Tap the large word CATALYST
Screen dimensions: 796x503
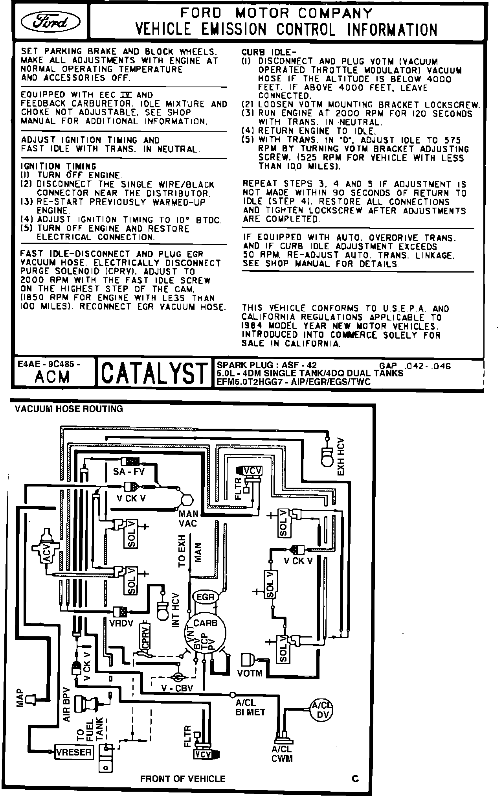[x=154, y=373]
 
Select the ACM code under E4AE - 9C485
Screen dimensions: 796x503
[x=52, y=377]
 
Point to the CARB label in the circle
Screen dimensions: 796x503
[x=205, y=623]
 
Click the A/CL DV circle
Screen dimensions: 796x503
[x=321, y=710]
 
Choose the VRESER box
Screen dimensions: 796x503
[x=74, y=752]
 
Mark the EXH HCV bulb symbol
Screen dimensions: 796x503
[x=327, y=457]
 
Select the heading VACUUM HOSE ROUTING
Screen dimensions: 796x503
[x=69, y=409]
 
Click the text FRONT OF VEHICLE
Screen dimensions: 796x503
[x=183, y=779]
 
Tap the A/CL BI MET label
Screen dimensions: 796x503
[x=250, y=707]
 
